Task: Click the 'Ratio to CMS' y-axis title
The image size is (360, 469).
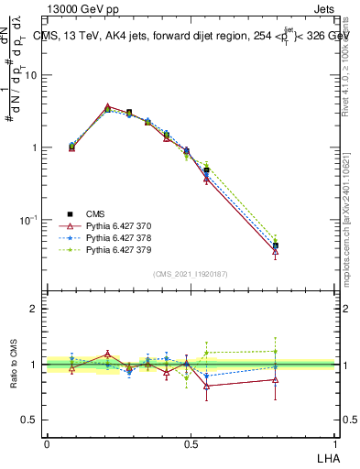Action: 14,364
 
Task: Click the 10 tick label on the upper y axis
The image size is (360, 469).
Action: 30,75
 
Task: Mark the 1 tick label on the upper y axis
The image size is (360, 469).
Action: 34,147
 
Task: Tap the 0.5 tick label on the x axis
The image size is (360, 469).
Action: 190,442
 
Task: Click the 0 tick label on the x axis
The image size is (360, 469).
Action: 46,442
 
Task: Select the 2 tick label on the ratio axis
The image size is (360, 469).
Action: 34,309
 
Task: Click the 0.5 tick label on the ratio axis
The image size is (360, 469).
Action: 28,420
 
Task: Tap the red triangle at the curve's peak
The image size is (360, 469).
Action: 108,107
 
